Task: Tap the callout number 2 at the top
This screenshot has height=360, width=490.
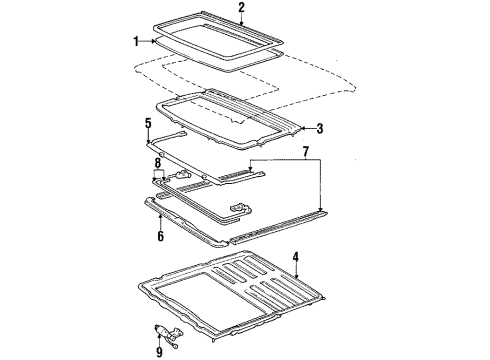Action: [241, 8]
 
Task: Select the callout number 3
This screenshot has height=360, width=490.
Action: [319, 129]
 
